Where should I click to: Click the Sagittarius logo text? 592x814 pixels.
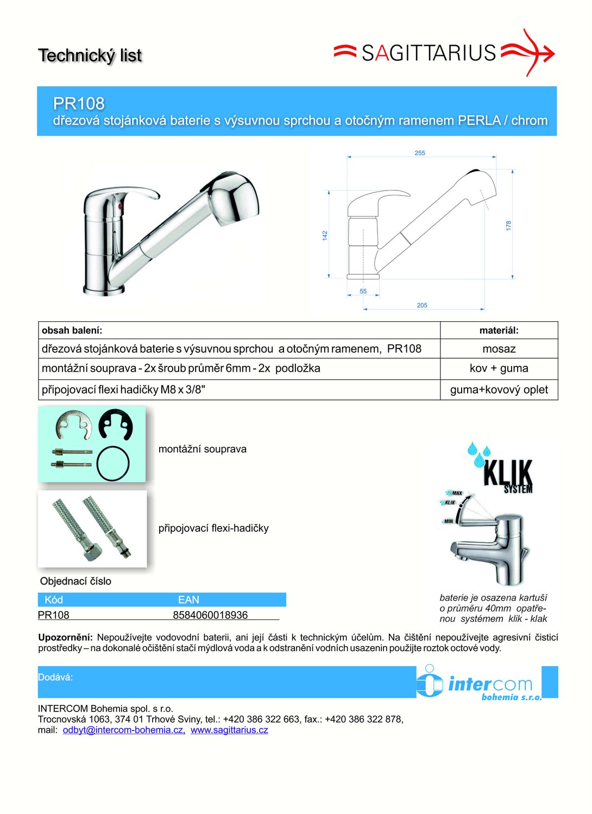pyautogui.click(x=429, y=53)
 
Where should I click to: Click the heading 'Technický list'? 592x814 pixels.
pyautogui.click(x=90, y=55)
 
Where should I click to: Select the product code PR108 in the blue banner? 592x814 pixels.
pyautogui.click(x=79, y=103)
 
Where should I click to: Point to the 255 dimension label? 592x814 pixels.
pyautogui.click(x=420, y=153)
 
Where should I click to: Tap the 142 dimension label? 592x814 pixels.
pyautogui.click(x=325, y=235)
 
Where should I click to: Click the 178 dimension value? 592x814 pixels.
pyautogui.click(x=508, y=225)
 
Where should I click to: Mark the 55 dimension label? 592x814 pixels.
pyautogui.click(x=363, y=291)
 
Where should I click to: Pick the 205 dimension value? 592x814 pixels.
pyautogui.click(x=422, y=306)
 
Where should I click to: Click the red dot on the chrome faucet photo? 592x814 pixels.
pyautogui.click(x=120, y=207)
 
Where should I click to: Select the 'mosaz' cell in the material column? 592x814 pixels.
pyautogui.click(x=499, y=349)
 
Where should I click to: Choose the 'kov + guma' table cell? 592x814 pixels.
pyautogui.click(x=499, y=368)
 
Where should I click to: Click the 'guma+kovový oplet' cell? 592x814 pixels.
pyautogui.click(x=499, y=390)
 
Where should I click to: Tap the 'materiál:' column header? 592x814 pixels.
pyautogui.click(x=499, y=330)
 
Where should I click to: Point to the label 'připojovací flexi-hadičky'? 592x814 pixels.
pyautogui.click(x=213, y=529)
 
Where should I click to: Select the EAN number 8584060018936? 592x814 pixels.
pyautogui.click(x=210, y=615)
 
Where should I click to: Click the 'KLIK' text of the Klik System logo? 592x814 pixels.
pyautogui.click(x=508, y=473)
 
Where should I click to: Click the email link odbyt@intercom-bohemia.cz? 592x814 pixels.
pyautogui.click(x=124, y=730)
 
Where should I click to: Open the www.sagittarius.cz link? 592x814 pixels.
pyautogui.click(x=229, y=730)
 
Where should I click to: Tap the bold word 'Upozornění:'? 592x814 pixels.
pyautogui.click(x=65, y=638)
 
